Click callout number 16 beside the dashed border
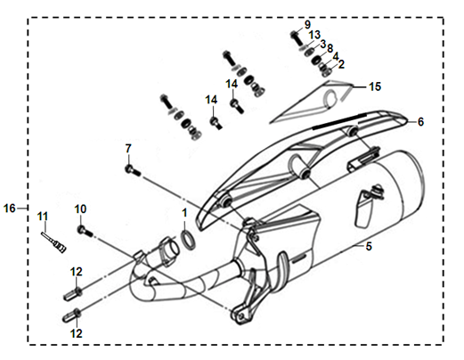[9, 209]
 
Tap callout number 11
[42, 217]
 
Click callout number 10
[80, 209]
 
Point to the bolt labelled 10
[85, 231]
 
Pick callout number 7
[128, 149]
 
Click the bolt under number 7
[133, 170]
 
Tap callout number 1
[184, 213]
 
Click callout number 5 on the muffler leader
[369, 246]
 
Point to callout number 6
[420, 122]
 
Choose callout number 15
[375, 86]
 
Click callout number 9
[307, 25]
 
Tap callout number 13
[314, 35]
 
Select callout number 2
[341, 64]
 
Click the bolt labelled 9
[296, 38]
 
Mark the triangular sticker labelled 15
[311, 102]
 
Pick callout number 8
[330, 48]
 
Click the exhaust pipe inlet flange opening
[171, 250]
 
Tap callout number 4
[336, 56]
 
